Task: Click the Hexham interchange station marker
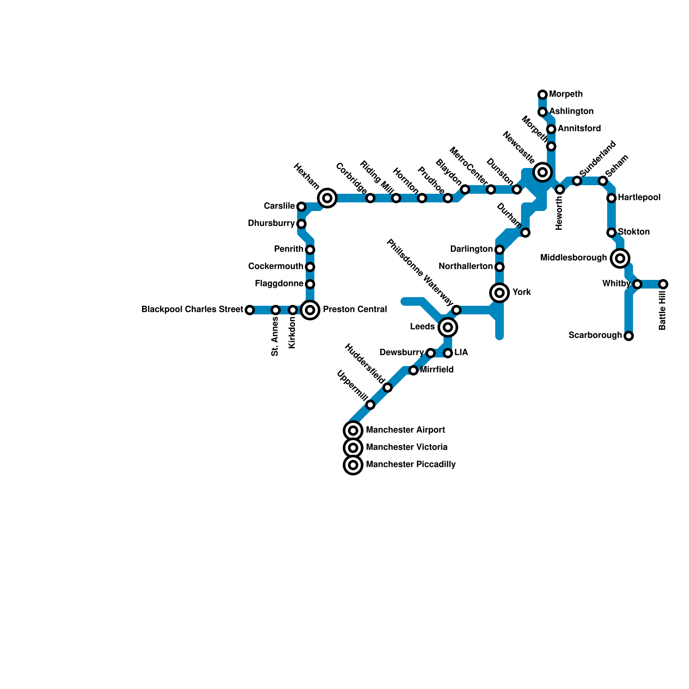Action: click(327, 198)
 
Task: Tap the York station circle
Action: click(500, 293)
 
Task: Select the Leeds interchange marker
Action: click(448, 327)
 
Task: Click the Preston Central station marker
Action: click(310, 310)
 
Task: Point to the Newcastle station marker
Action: click(543, 172)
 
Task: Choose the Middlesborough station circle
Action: click(620, 258)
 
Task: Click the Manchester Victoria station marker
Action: click(353, 448)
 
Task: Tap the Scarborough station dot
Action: click(629, 336)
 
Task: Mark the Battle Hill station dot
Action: click(663, 284)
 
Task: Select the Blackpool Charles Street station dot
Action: click(250, 310)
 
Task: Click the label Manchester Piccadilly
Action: click(411, 465)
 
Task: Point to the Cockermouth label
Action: click(276, 267)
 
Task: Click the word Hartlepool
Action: click(639, 198)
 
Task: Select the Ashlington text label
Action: click(571, 112)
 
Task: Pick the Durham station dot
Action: click(525, 233)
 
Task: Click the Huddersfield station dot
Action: click(388, 388)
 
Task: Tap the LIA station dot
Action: click(448, 353)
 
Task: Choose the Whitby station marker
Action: click(637, 284)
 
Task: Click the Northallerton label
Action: click(466, 267)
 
